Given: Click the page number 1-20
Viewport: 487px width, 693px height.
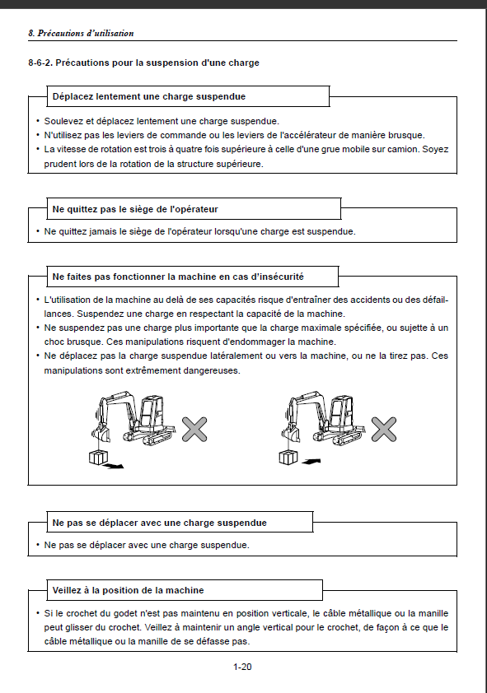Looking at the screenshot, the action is (x=242, y=667).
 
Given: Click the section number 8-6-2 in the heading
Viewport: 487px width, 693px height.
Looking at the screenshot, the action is (x=40, y=63).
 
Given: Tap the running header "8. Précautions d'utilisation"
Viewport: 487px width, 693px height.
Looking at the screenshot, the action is (x=81, y=33).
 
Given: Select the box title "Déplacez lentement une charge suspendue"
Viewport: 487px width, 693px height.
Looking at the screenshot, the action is (x=149, y=96).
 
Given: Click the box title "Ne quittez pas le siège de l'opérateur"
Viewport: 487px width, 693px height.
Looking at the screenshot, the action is (x=135, y=209).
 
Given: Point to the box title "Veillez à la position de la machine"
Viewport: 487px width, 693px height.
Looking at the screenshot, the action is (x=129, y=590).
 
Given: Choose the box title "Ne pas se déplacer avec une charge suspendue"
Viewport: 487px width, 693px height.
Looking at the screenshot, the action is (x=160, y=523).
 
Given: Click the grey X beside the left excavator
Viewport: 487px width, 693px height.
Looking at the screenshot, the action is (x=194, y=429).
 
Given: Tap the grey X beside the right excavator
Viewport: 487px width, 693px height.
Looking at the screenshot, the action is (x=383, y=429).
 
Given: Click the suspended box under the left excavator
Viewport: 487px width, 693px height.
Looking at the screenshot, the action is (x=98, y=457).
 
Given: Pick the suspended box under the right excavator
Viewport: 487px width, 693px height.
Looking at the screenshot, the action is (x=288, y=458).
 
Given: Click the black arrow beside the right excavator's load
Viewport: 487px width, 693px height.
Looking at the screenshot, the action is (x=311, y=462).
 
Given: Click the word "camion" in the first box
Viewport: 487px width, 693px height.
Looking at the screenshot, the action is (x=404, y=150).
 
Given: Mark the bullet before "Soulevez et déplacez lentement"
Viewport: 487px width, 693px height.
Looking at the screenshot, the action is (x=38, y=121).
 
